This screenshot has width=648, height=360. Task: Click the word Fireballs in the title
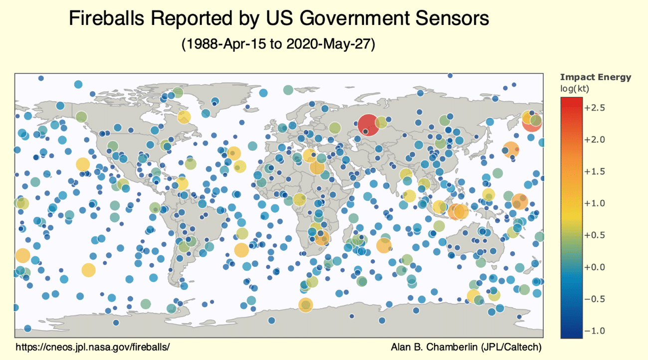click(x=106, y=18)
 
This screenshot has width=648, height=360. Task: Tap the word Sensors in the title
click(x=452, y=18)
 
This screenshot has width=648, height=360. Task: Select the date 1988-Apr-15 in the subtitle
click(x=226, y=44)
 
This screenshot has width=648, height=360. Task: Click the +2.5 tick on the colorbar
click(x=595, y=108)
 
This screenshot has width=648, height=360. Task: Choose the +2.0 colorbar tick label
click(x=595, y=140)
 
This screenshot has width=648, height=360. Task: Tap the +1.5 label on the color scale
click(x=595, y=172)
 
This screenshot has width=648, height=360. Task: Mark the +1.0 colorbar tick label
click(x=595, y=203)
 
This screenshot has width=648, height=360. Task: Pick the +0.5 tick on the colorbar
click(x=595, y=235)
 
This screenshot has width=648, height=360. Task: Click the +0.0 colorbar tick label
click(x=595, y=267)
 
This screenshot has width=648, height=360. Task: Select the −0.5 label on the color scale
click(x=595, y=299)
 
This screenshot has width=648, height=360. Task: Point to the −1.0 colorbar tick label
click(x=595, y=331)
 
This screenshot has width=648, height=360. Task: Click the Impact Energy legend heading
click(x=596, y=77)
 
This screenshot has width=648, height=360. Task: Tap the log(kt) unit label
click(x=575, y=88)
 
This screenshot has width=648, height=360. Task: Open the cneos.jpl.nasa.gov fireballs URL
click(x=93, y=347)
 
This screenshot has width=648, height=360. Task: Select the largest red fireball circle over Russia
click(x=369, y=125)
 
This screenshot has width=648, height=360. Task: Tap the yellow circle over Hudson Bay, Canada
click(x=184, y=117)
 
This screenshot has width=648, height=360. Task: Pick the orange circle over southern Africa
click(x=322, y=238)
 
